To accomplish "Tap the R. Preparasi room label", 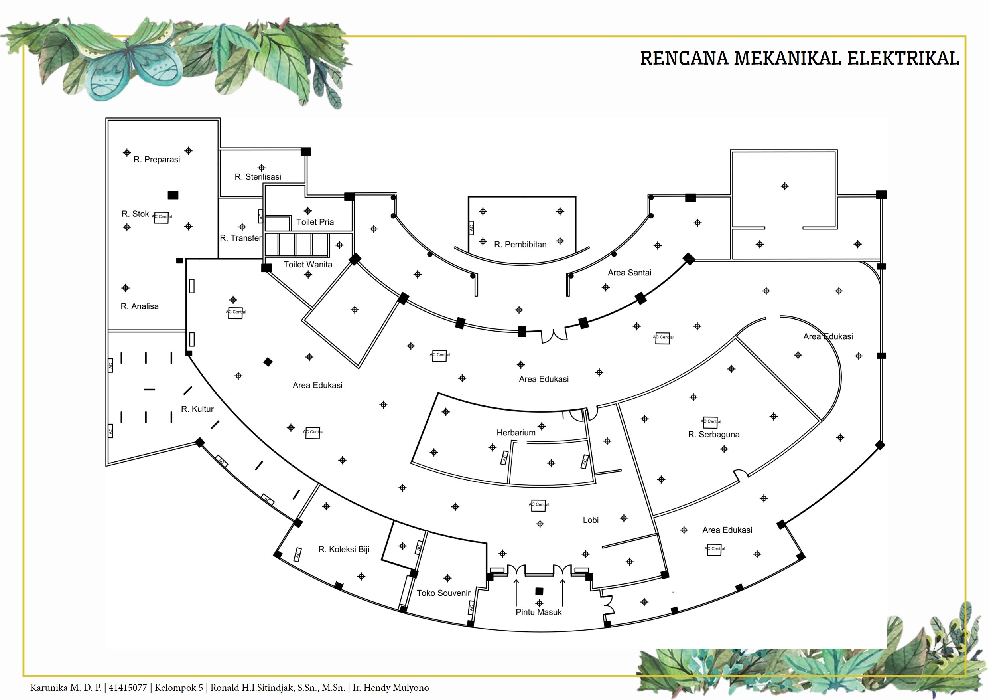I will (x=157, y=160).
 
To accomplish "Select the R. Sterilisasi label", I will (x=258, y=177).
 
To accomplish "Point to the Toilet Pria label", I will (x=315, y=222).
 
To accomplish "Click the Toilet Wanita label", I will (x=307, y=264).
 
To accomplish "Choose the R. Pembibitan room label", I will (x=520, y=244).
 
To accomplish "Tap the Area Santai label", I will (x=629, y=273).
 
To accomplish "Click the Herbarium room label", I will (x=516, y=432).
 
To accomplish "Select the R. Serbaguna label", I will (x=714, y=435).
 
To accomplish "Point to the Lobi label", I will (x=591, y=520).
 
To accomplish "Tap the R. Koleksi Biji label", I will (x=344, y=549).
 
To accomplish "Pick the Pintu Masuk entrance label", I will (x=538, y=612).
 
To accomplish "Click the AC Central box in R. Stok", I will (x=162, y=218).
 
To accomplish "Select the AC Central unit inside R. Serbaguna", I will (x=710, y=422).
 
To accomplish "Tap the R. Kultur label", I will (x=197, y=409).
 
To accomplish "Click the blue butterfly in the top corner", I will (x=129, y=65).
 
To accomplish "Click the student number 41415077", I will (x=128, y=688).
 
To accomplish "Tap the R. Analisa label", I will (x=140, y=306).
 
